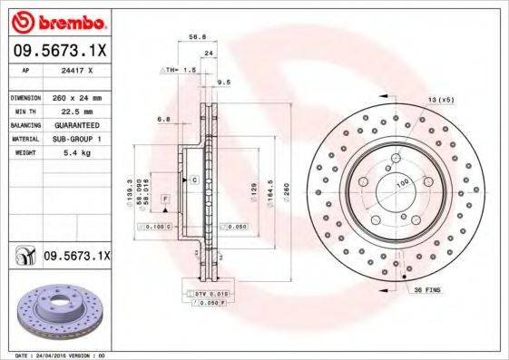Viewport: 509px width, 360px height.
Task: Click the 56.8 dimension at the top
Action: (x=195, y=39)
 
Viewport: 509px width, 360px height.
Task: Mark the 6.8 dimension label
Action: (x=162, y=119)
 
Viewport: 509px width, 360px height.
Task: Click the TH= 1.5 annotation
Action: (x=180, y=69)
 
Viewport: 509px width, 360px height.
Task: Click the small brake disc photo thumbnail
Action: (x=56, y=312)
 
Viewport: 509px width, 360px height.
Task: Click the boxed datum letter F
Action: (x=165, y=198)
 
